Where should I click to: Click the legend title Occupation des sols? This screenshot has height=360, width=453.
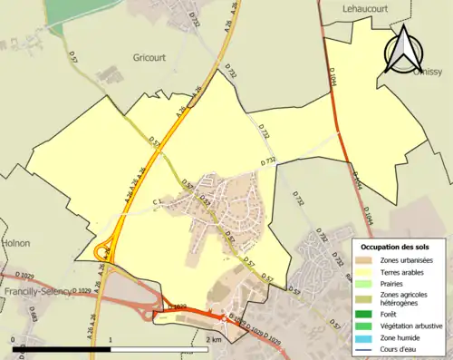[x=395, y=247]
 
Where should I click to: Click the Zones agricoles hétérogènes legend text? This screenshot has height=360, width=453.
[x=405, y=298]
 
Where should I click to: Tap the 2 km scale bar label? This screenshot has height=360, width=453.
[x=214, y=339]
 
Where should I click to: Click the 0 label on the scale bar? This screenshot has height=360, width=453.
[x=14, y=339]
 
